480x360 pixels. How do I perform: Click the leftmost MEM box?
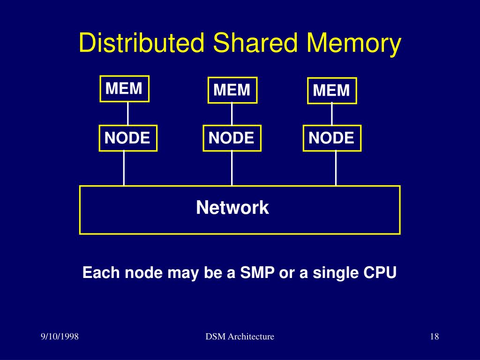pos(124,89)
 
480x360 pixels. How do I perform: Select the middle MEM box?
pos(232,90)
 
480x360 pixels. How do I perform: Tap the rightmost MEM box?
pos(332,90)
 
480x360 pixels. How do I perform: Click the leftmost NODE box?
pos(127,138)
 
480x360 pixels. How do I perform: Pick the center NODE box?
pos(232,138)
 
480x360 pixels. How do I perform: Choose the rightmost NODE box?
pos(332,138)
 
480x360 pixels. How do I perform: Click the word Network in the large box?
pos(232,207)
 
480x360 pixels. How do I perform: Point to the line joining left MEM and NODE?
pos(128,113)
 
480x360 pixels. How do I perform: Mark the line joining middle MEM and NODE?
pos(232,114)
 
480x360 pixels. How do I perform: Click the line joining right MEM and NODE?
pos(332,114)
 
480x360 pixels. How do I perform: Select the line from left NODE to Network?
pos(124,168)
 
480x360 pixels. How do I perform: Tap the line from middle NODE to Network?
pos(232,168)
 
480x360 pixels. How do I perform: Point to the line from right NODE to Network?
pos(336,168)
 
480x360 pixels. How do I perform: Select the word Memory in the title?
pos(354,43)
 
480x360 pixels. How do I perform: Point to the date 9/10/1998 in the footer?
pos(60,337)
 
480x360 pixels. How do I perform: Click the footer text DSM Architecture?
pos(240,337)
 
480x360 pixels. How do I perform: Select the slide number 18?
pos(434,337)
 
